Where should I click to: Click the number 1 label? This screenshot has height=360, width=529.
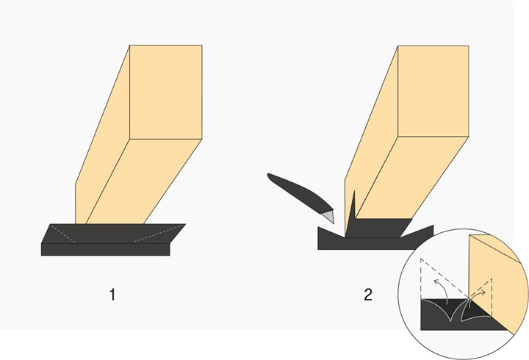point(112,295)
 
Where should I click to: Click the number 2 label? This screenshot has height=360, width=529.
point(368,295)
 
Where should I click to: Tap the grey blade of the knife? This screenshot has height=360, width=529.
point(328,216)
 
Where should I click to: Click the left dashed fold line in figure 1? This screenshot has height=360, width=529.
point(62,234)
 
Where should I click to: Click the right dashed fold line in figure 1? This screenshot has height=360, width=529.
point(159,233)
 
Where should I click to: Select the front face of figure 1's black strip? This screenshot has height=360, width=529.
point(105,249)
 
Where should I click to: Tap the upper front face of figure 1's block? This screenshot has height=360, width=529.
point(166,92)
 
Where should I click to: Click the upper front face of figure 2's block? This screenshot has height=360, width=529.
point(433,91)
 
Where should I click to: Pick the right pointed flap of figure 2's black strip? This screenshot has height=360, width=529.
point(417,232)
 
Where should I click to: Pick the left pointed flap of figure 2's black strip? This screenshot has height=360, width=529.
point(331,233)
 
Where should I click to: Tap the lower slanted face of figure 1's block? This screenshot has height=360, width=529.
point(143,182)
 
